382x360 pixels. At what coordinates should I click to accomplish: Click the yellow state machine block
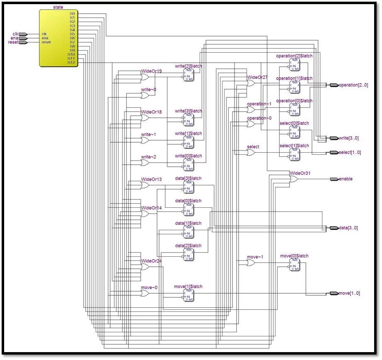coord(58,37)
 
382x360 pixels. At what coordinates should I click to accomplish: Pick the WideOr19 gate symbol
coord(145,74)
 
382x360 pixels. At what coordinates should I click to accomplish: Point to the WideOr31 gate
coord(293,179)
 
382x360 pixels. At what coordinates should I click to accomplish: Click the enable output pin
coord(334,179)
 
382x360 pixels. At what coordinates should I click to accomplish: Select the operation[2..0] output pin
coord(334,85)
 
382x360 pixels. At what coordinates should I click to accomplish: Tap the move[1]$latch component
coord(189,295)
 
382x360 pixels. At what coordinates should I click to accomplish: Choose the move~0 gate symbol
coord(145,293)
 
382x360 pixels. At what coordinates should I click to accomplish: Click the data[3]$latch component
coord(189,187)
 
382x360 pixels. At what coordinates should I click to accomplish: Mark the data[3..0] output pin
coord(334,228)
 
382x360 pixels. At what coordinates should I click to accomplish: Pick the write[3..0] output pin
coord(334,138)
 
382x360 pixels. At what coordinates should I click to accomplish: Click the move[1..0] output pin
coord(334,294)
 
